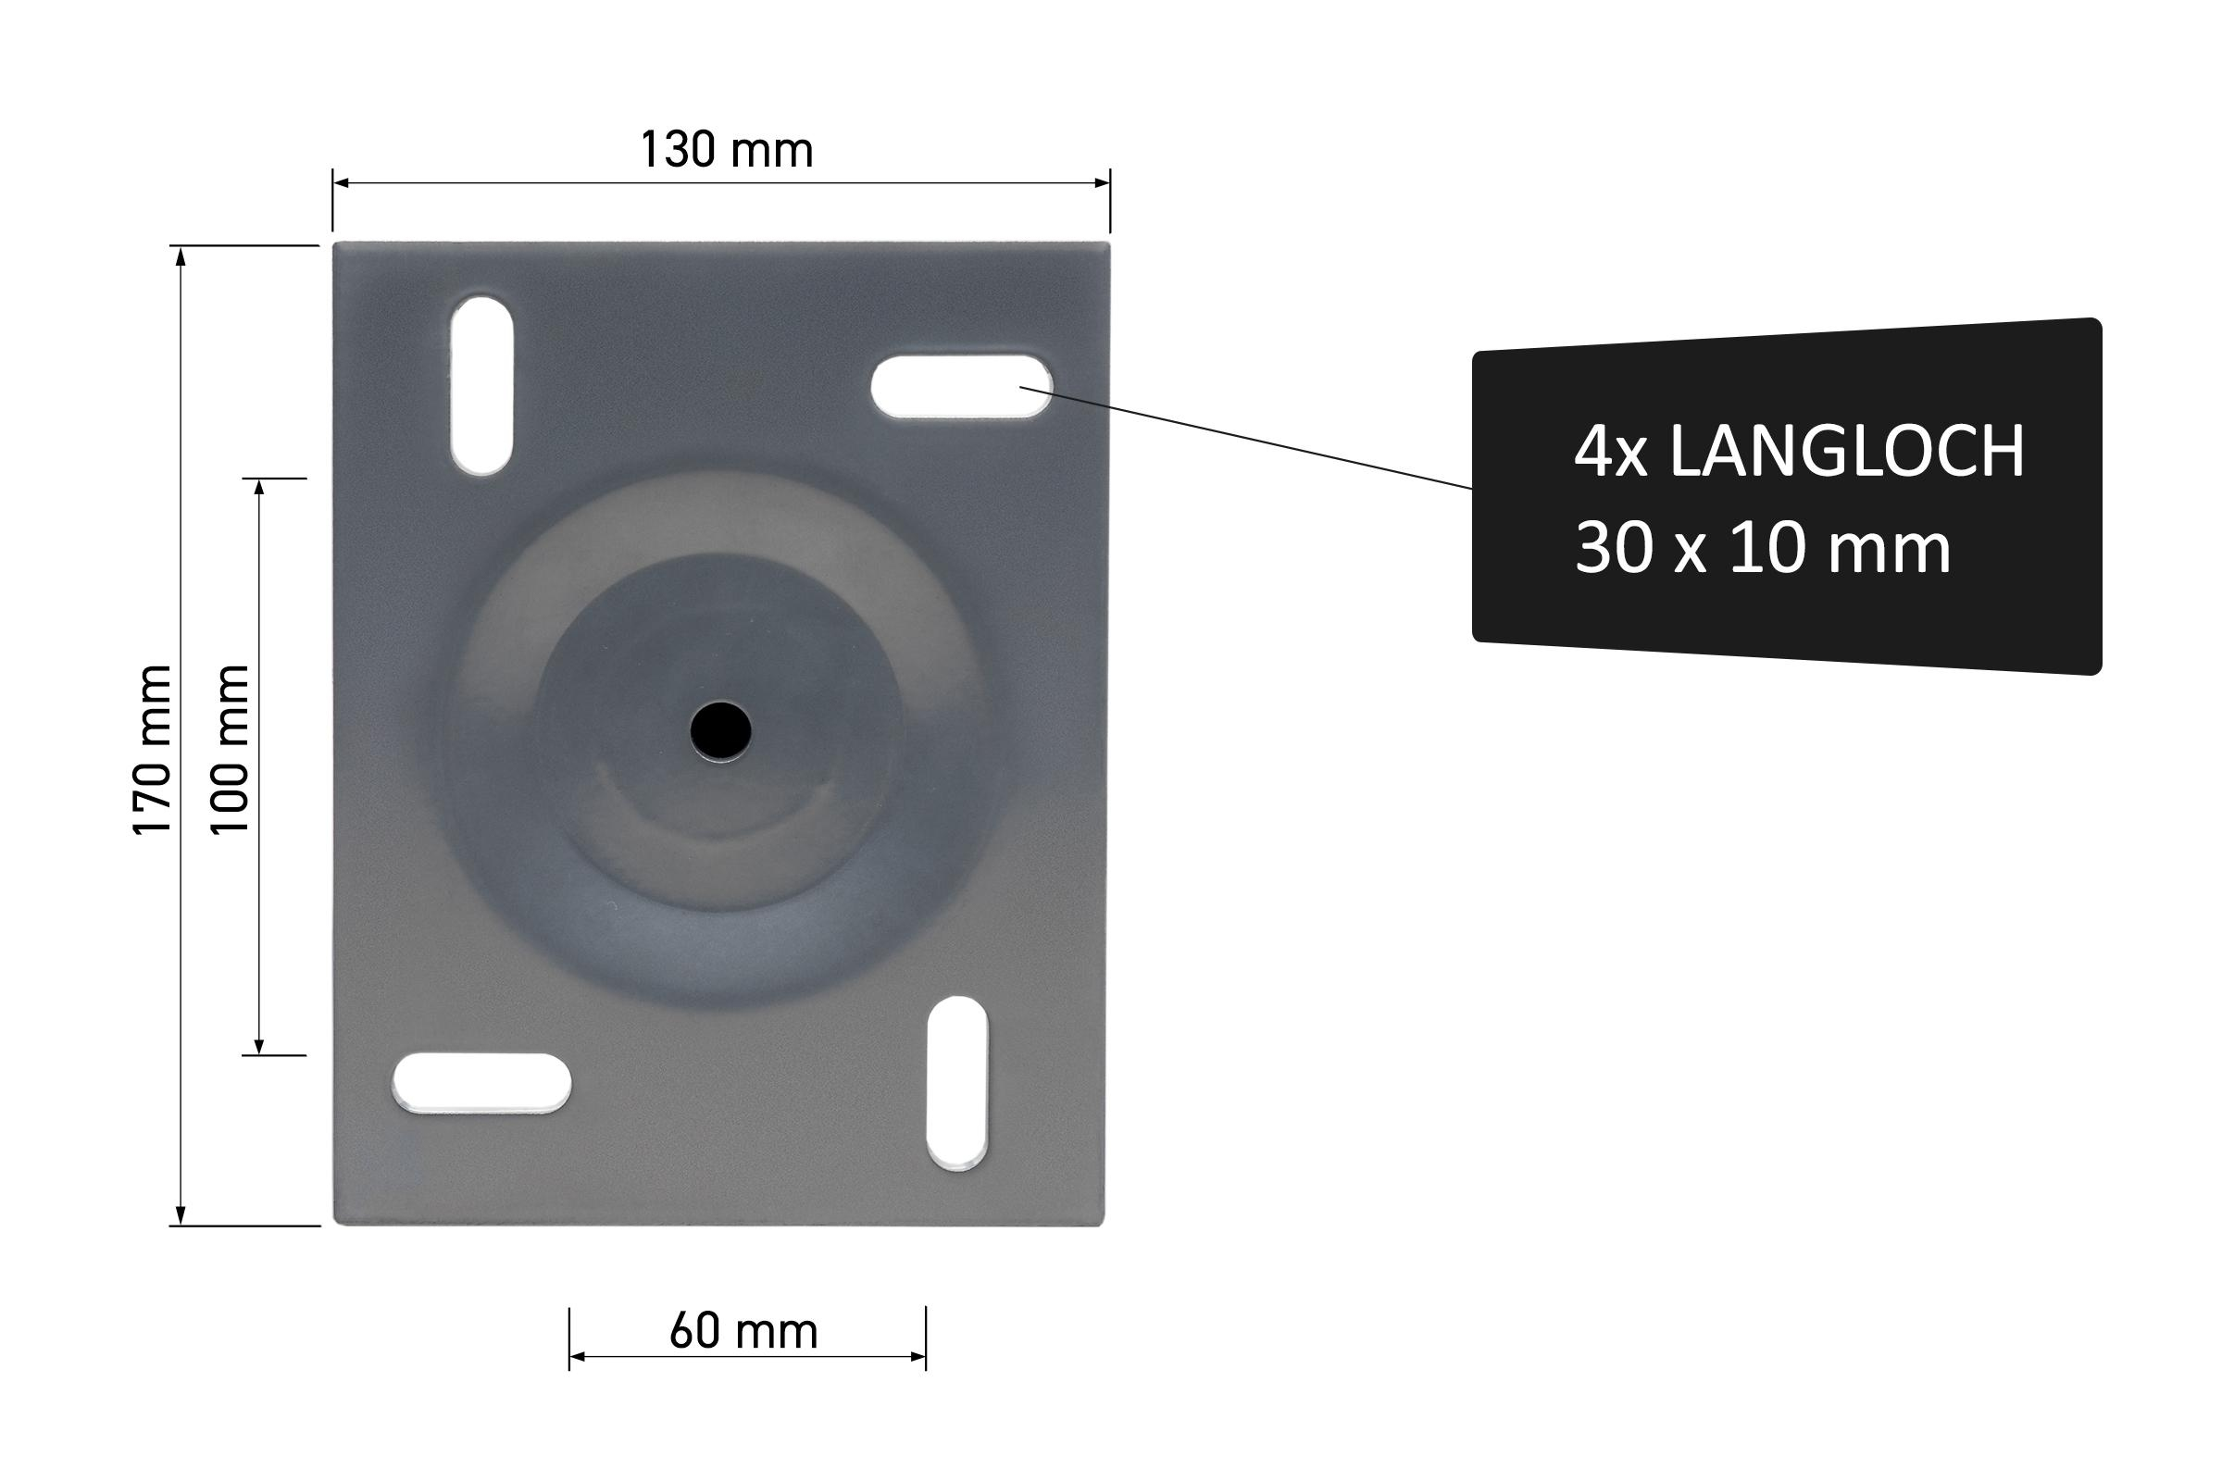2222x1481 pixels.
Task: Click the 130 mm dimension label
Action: (727, 150)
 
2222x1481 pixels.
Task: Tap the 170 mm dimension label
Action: (152, 750)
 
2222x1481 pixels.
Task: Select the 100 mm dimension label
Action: (230, 750)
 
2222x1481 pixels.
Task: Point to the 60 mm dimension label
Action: (743, 1332)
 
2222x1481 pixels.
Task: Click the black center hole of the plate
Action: (720, 731)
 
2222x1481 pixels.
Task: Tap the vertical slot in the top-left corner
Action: (481, 385)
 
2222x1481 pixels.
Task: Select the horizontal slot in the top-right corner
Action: (962, 386)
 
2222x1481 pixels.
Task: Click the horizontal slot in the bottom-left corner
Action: (481, 1083)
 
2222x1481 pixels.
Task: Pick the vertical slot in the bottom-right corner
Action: (957, 1083)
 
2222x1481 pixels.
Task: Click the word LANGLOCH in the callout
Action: (1847, 452)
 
